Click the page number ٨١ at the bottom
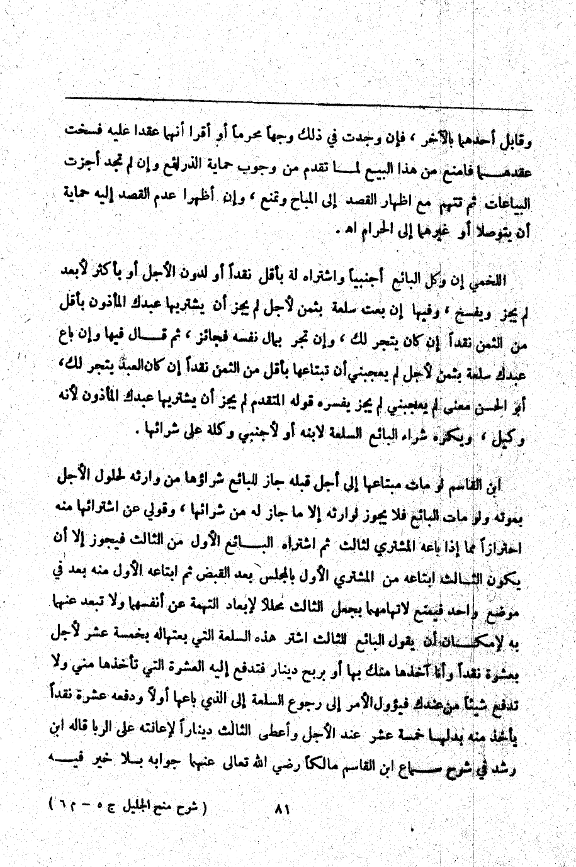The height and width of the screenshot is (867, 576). point(281,808)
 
